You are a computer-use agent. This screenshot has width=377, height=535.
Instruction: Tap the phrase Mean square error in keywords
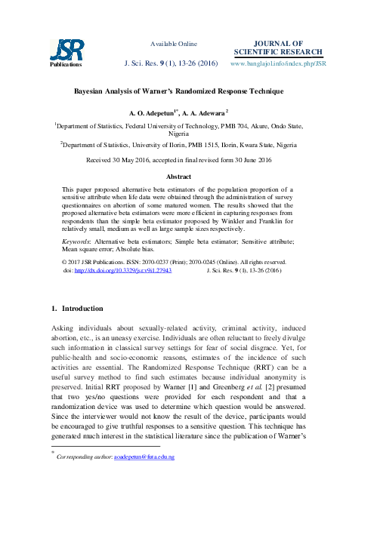pos(88,248)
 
